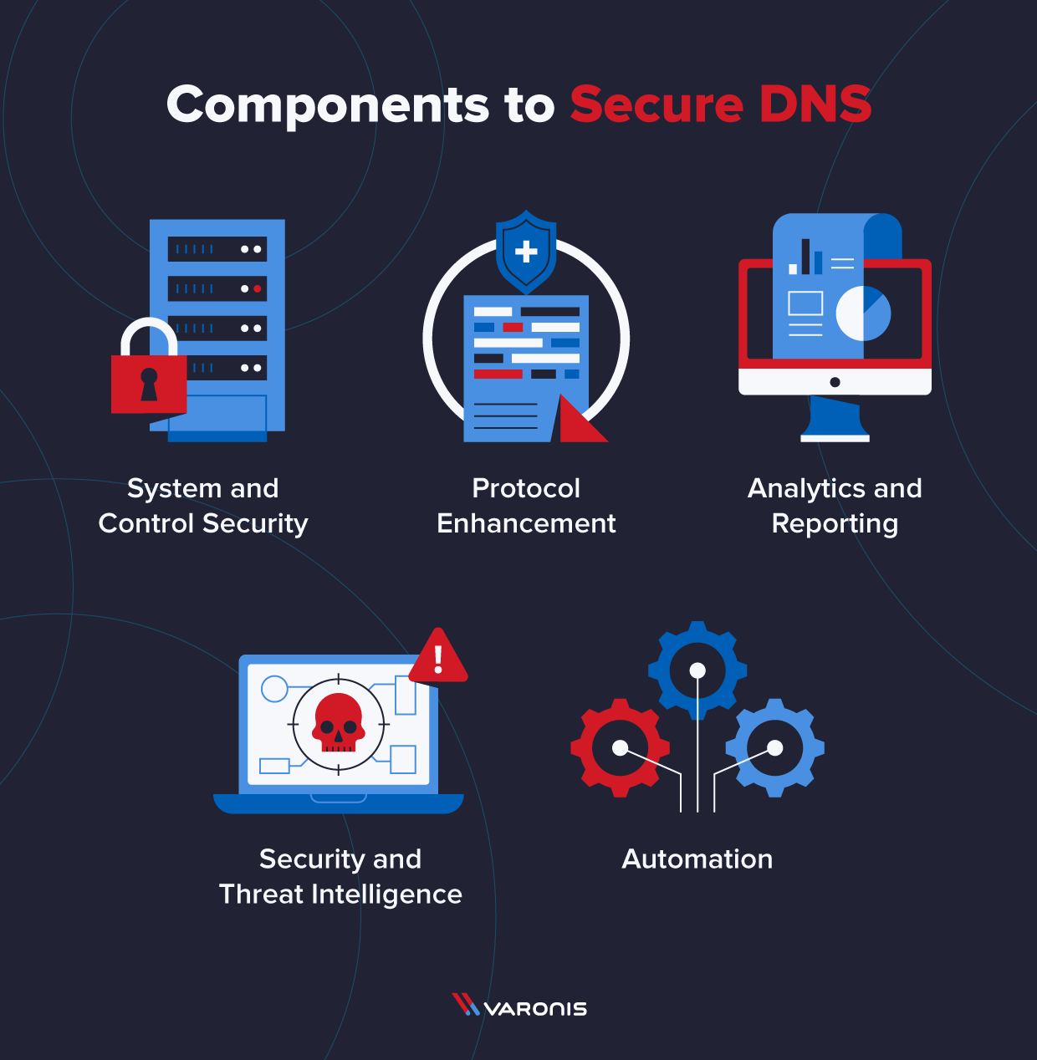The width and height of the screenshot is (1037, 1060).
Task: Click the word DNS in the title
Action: [815, 104]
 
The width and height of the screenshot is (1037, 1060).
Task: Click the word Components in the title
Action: [328, 106]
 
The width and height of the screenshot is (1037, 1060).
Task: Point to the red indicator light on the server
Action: [258, 288]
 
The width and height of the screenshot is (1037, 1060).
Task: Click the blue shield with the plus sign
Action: [526, 251]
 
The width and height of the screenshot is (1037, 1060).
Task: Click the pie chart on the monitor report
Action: [863, 313]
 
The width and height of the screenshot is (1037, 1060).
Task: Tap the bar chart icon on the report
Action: [805, 257]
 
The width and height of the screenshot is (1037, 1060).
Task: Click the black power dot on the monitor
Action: [835, 382]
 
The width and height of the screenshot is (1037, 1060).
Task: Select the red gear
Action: [620, 747]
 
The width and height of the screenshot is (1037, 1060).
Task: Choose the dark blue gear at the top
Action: [697, 670]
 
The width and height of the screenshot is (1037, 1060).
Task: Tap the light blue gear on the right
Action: [775, 747]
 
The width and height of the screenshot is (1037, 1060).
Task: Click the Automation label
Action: [697, 859]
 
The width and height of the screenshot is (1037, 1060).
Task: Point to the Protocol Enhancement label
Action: [526, 506]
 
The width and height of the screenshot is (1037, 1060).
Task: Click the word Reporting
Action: [835, 524]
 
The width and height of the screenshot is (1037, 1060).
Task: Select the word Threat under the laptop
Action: [261, 894]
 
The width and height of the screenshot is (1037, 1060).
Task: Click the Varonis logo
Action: [519, 1006]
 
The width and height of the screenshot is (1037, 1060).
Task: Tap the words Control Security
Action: [203, 524]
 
